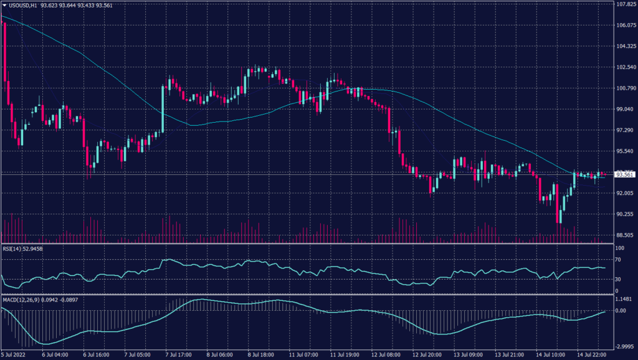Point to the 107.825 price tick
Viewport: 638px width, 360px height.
tap(625, 4)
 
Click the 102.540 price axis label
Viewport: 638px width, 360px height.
tap(625, 67)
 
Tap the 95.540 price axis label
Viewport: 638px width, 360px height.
tap(625, 151)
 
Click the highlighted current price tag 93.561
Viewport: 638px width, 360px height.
tap(625, 174)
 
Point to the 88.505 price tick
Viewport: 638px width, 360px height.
tap(625, 235)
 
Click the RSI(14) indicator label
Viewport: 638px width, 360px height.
tap(12, 249)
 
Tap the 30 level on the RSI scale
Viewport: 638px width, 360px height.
tap(619, 279)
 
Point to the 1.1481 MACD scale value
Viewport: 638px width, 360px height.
tap(624, 299)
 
